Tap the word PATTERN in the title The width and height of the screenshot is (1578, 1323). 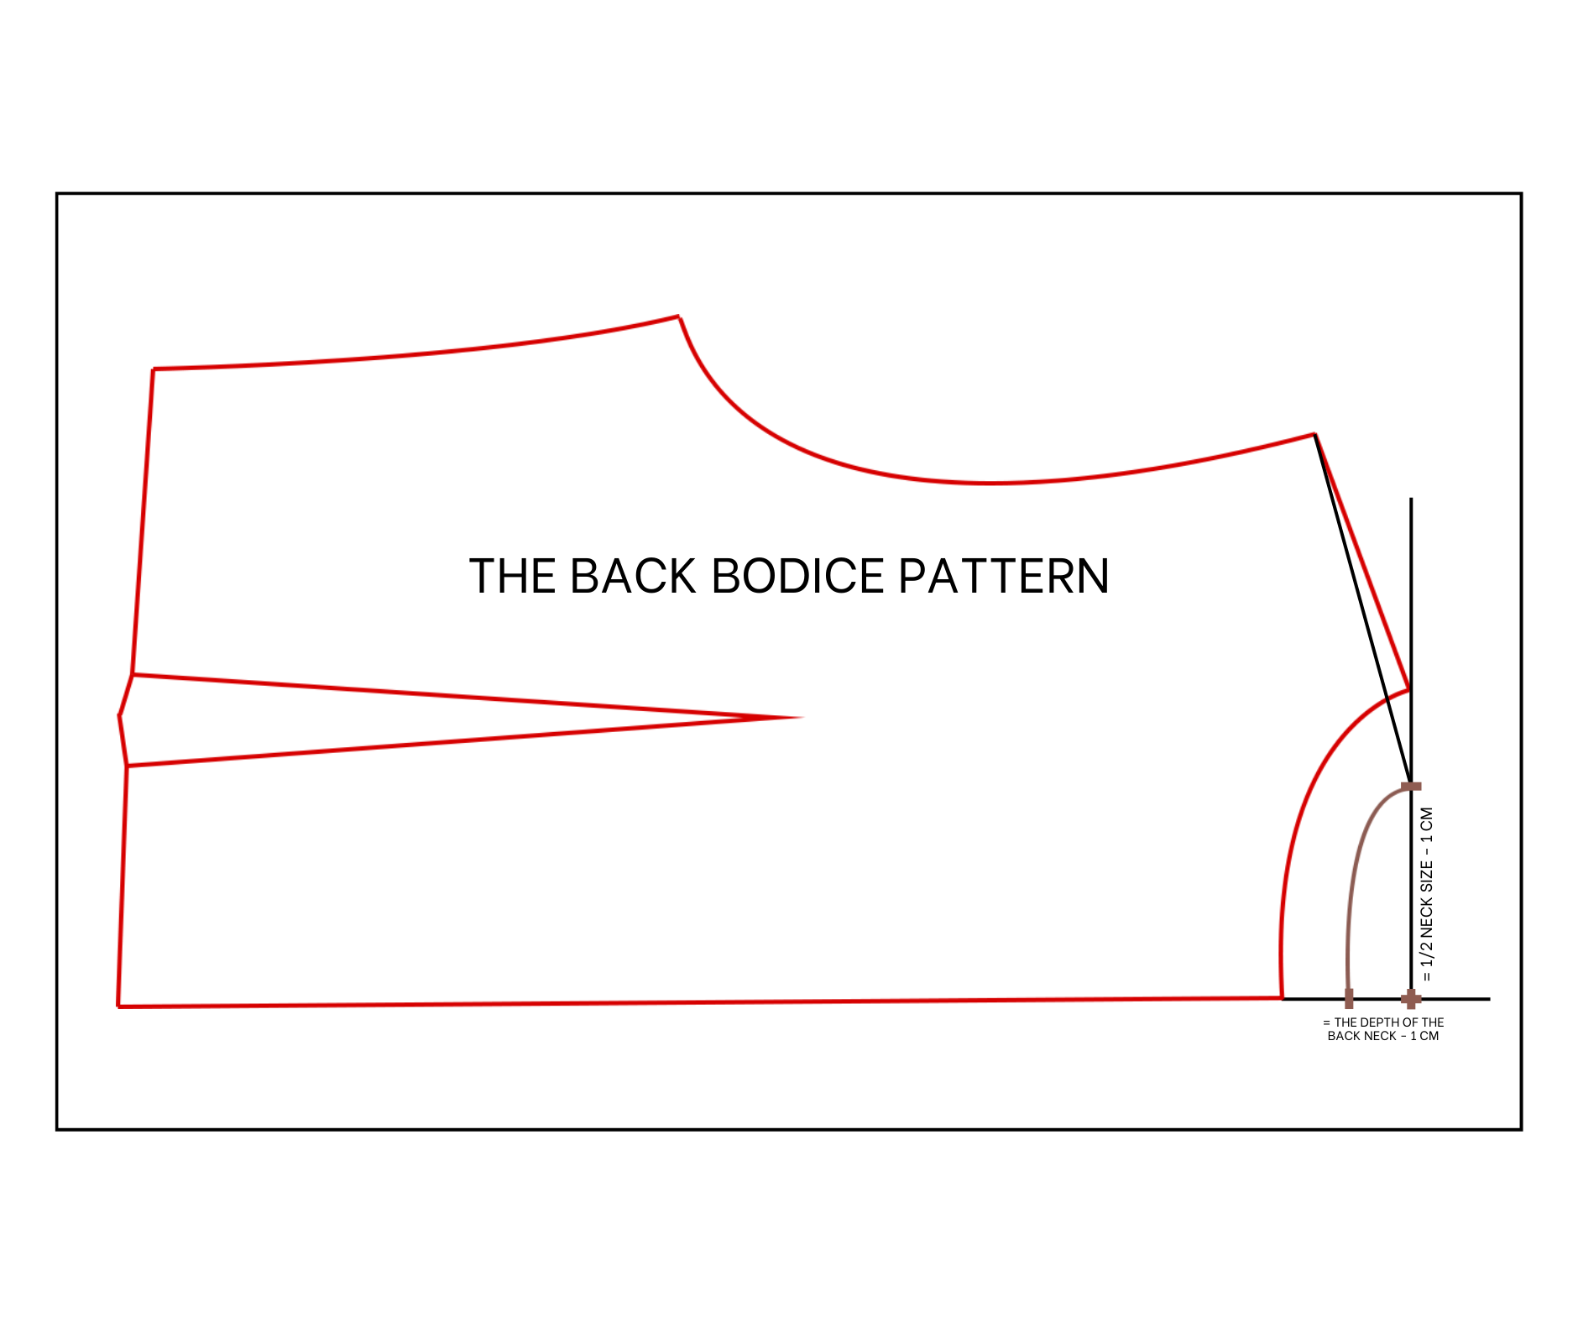point(1004,576)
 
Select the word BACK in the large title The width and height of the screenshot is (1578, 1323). point(633,576)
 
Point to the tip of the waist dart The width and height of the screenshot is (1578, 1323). point(802,718)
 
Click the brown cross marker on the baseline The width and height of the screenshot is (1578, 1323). point(1411,999)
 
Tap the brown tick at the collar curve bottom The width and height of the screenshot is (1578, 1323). point(1349,999)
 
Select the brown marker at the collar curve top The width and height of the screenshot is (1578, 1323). point(1411,787)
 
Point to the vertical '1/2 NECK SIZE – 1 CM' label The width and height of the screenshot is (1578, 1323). point(1427,894)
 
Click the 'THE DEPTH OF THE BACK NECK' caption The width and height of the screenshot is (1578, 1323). point(1383,1029)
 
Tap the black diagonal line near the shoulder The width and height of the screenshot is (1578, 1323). point(1363,610)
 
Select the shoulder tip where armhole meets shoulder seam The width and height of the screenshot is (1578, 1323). point(1314,434)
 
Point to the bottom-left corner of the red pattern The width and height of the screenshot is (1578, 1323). point(118,1006)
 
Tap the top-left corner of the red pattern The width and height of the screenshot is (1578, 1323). point(154,369)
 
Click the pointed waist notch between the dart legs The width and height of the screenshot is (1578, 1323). point(119,716)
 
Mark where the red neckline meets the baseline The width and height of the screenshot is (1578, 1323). point(1282,998)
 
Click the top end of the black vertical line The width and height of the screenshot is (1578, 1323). point(1411,499)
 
